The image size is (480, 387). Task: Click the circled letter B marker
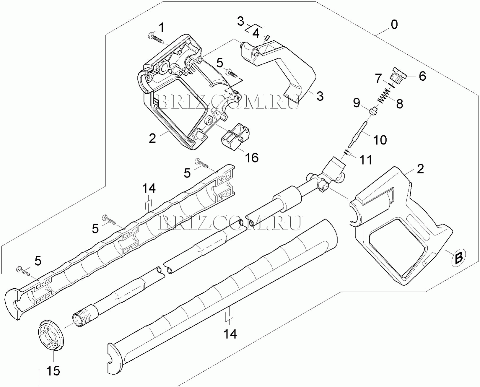pyautogui.click(x=459, y=258)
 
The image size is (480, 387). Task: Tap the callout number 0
pyautogui.click(x=394, y=25)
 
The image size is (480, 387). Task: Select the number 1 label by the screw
pyautogui.click(x=161, y=28)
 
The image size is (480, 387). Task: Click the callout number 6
pyautogui.click(x=422, y=76)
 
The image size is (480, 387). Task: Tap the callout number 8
pyautogui.click(x=399, y=104)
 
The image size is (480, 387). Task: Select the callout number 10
pyautogui.click(x=380, y=140)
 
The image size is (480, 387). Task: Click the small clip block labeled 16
pyautogui.click(x=235, y=136)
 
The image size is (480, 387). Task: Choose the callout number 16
pyautogui.click(x=252, y=158)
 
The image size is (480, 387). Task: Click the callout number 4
pyautogui.click(x=256, y=34)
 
